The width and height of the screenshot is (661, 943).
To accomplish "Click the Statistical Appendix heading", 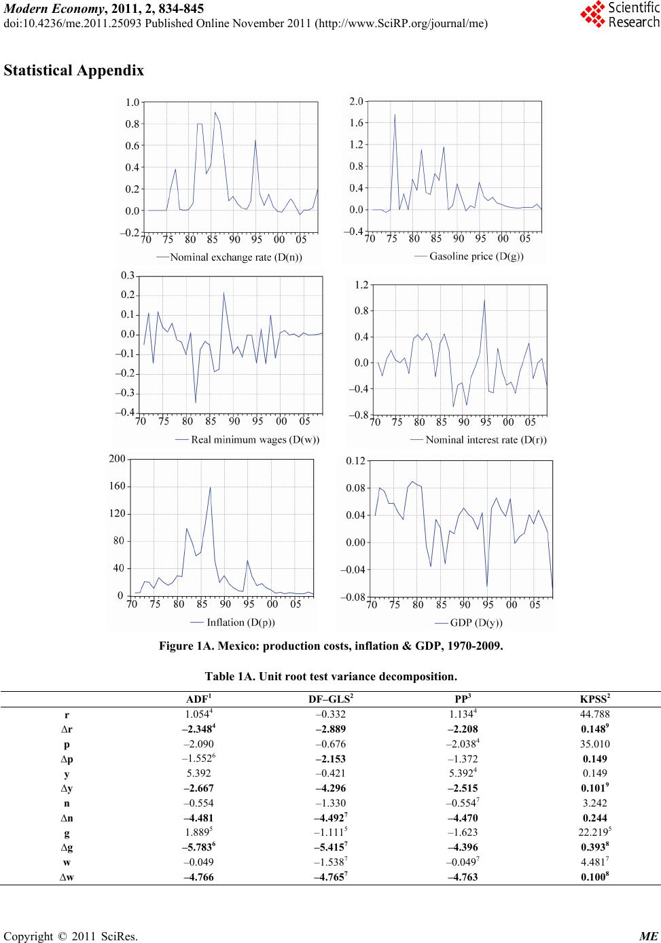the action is click(x=74, y=71).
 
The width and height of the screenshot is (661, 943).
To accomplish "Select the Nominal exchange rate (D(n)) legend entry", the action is click(x=229, y=257).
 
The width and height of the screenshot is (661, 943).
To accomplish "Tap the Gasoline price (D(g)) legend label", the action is click(x=469, y=257).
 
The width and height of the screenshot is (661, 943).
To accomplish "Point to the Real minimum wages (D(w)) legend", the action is click(x=247, y=440).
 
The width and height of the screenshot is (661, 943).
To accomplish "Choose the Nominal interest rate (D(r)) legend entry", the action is click(x=478, y=440).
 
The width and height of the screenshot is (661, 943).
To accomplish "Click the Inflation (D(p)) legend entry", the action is click(x=232, y=622).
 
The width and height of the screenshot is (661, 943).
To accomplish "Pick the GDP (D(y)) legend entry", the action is click(x=469, y=623).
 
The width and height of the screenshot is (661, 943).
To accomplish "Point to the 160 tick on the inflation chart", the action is click(x=117, y=486).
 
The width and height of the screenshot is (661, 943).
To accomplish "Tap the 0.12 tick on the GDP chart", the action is click(x=355, y=461).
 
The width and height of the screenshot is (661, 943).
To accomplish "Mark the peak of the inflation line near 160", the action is click(x=210, y=487).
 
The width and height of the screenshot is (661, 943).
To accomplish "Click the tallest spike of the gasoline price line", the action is click(x=395, y=114).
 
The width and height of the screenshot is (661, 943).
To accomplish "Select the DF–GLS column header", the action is click(x=331, y=699).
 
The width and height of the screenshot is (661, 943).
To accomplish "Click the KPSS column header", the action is click(x=595, y=699).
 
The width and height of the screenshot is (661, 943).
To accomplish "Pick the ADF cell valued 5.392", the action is click(x=198, y=773).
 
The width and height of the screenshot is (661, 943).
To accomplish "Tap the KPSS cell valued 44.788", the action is click(x=595, y=714).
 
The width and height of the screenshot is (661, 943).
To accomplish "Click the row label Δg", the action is click(x=67, y=847).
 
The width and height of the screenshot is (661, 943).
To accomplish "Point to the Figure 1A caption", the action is click(x=331, y=646).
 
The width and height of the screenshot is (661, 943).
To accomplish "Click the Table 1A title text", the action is click(x=331, y=676).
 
